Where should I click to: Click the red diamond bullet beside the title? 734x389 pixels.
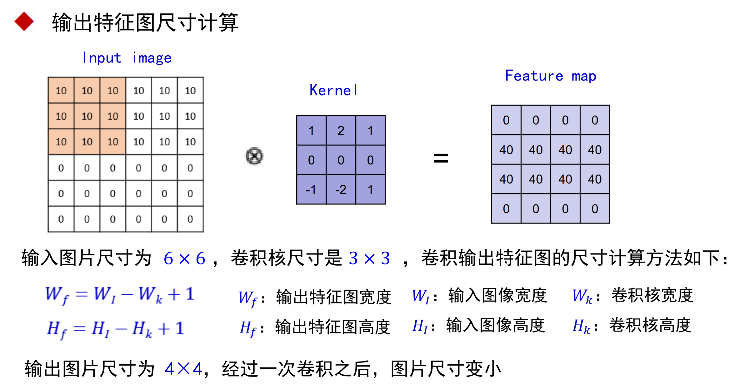(x=24, y=22)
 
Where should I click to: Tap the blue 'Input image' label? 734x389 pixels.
(x=127, y=58)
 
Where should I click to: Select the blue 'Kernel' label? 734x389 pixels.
(x=333, y=91)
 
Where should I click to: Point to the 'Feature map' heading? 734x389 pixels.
(x=551, y=76)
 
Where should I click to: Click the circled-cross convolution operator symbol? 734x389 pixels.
(x=254, y=156)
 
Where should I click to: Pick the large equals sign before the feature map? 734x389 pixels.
(x=441, y=158)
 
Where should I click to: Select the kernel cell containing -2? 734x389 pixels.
(x=341, y=190)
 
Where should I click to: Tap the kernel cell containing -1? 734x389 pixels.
(x=311, y=190)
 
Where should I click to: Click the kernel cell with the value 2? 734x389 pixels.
(x=341, y=130)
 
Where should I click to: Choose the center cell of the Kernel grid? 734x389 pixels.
(x=341, y=160)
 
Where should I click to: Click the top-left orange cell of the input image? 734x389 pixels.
(x=61, y=91)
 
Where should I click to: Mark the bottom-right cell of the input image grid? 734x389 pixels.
(x=190, y=219)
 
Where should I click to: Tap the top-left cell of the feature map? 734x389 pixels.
(x=506, y=120)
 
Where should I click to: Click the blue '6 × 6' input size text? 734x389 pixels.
(x=184, y=259)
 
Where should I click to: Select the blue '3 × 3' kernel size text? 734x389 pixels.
(x=369, y=259)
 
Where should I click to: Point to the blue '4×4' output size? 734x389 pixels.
(x=183, y=369)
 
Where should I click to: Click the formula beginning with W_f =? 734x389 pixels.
(x=120, y=295)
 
